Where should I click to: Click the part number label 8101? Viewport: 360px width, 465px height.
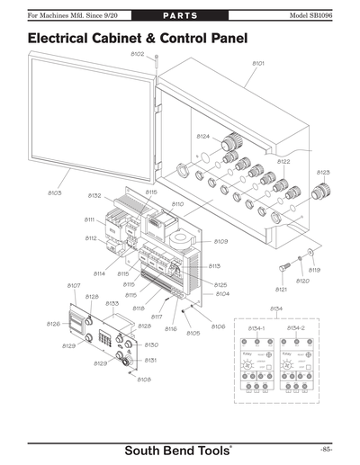[257, 64]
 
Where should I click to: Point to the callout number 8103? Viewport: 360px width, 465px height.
[54, 192]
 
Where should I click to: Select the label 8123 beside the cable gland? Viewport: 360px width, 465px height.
[323, 172]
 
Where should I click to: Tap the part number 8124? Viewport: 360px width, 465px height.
[202, 136]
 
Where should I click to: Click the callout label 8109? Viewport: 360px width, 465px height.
[220, 241]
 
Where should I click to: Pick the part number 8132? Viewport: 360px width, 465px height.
[94, 195]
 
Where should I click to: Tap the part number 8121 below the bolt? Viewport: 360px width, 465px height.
[281, 290]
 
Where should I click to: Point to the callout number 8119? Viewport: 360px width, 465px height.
[314, 270]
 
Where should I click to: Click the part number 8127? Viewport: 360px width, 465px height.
[74, 285]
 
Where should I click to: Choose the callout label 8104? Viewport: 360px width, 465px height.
[222, 294]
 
